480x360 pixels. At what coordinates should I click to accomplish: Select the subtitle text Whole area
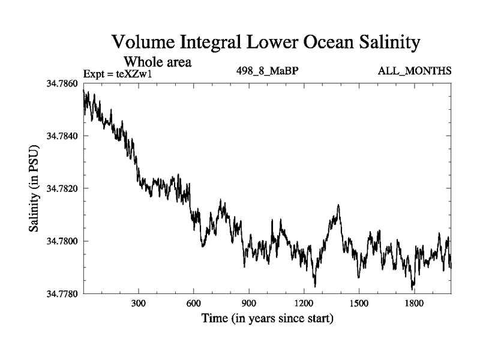[157, 62]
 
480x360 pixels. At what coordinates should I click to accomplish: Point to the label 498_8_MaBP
[268, 71]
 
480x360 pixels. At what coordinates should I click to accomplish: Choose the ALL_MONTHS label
[415, 71]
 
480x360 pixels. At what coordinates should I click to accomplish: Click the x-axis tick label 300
[139, 304]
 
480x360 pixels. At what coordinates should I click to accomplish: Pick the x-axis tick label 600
[194, 304]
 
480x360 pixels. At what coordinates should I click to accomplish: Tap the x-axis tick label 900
[249, 304]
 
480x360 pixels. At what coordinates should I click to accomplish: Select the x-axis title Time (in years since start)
[267, 318]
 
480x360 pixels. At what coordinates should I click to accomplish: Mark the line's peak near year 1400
[339, 205]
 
